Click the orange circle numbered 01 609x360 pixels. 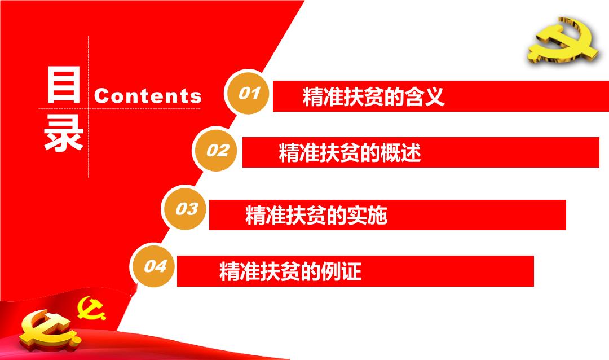point(248,93)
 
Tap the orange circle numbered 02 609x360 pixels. point(217,150)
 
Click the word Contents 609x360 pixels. point(148,95)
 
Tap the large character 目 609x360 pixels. point(63,84)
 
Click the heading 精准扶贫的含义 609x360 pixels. point(373,96)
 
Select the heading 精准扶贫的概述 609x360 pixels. point(350,152)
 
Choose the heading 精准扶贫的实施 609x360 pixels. point(316,215)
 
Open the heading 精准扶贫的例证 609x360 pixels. point(290,271)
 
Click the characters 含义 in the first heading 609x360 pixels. point(424,96)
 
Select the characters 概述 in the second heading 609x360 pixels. point(401,152)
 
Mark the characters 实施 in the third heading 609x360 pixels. point(368,215)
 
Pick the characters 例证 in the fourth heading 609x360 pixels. point(342,271)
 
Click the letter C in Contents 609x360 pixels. point(101,95)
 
